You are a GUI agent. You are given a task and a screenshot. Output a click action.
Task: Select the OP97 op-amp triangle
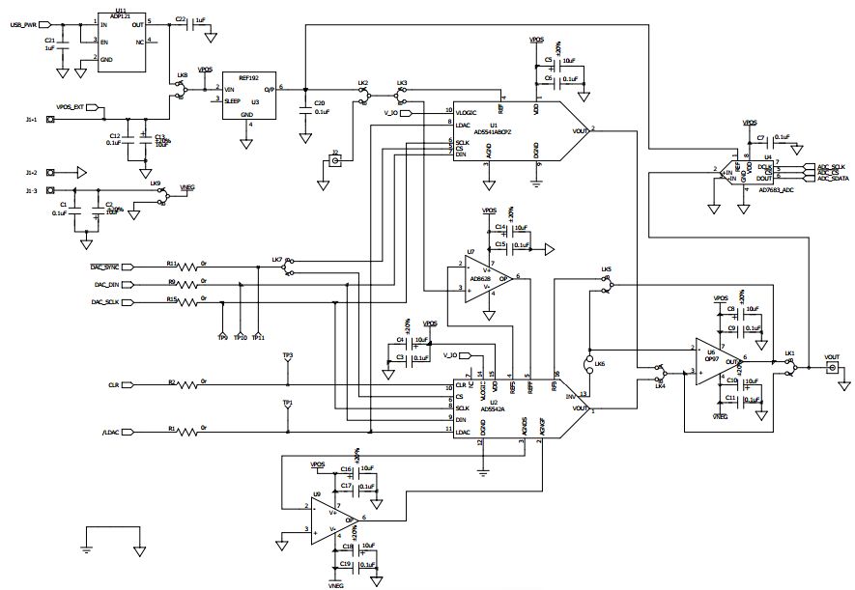point(713,367)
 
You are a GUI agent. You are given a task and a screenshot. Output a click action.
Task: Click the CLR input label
point(113,384)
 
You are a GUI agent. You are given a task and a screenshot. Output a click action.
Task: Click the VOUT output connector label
point(832,357)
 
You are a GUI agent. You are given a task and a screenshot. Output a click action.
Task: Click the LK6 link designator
point(600,363)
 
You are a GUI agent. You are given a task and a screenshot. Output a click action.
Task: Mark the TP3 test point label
point(287,355)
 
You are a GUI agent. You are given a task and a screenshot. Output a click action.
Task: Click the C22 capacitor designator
point(182,19)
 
